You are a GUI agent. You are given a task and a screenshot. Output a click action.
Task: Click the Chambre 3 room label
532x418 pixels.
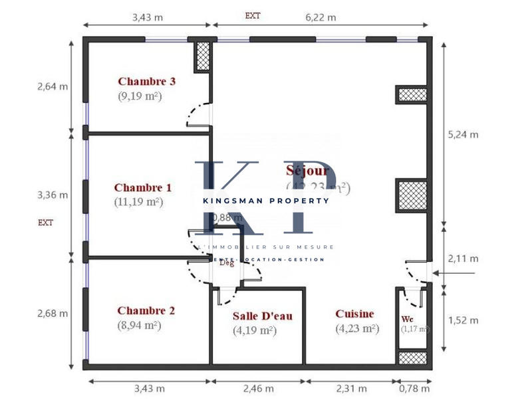[x=146, y=82]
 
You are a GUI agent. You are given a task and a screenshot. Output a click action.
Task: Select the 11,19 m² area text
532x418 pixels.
[x=138, y=201]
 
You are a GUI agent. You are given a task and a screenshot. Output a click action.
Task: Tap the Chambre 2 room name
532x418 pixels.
[x=146, y=310]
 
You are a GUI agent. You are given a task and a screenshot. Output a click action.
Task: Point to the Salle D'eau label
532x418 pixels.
[x=262, y=316]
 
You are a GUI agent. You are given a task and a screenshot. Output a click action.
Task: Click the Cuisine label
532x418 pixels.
[x=354, y=314]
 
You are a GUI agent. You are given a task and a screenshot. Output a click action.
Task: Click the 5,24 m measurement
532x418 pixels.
[x=464, y=134]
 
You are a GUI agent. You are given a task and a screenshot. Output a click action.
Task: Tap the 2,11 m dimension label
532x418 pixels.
[x=464, y=259]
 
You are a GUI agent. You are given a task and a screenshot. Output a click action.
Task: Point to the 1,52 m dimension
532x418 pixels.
[x=464, y=320]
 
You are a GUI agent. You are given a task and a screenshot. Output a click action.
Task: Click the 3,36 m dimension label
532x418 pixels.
[x=52, y=195]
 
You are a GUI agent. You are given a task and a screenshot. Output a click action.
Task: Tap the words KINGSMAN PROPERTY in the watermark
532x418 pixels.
[x=266, y=200]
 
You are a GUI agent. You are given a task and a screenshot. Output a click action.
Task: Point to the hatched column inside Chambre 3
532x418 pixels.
[x=203, y=56]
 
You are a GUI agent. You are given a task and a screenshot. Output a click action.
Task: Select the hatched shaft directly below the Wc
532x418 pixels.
[x=412, y=357]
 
